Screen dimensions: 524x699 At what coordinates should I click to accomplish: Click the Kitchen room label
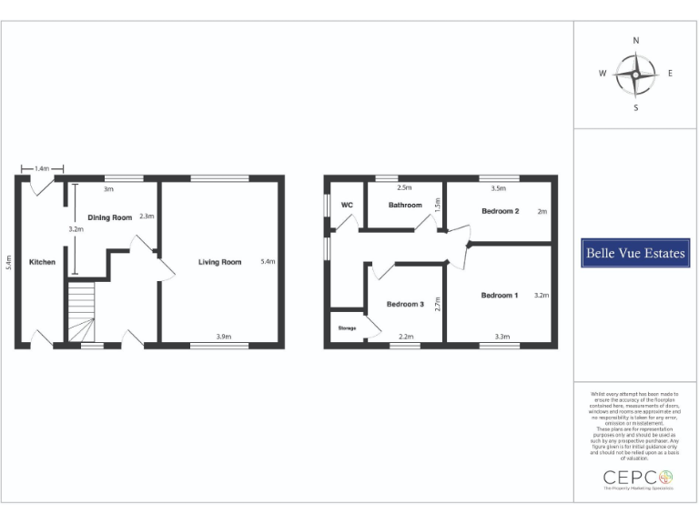42,262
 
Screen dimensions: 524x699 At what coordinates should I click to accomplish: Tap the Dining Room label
109,217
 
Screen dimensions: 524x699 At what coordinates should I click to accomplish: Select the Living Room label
220,262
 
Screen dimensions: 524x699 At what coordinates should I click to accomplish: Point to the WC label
347,205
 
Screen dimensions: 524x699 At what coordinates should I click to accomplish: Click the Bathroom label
405,205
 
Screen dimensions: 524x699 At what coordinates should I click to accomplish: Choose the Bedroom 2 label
500,212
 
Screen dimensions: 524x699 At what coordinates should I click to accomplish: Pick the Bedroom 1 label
499,295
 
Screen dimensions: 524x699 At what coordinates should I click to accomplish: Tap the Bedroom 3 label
405,304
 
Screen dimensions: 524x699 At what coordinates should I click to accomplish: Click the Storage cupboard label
347,327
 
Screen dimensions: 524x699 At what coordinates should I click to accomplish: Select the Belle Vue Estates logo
633,254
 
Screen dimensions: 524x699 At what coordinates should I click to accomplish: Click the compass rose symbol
635,74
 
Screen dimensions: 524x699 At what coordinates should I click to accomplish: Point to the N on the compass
635,41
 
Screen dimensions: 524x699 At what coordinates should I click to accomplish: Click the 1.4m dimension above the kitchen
42,168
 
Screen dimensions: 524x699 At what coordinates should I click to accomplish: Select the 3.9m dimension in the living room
223,337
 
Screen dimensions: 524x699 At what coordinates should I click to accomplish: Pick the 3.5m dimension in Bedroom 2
498,188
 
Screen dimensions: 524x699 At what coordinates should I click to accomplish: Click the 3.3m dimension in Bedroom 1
501,337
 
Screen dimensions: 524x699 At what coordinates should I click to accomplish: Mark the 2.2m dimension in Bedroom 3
406,337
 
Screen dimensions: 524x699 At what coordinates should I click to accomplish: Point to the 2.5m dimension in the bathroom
405,188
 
